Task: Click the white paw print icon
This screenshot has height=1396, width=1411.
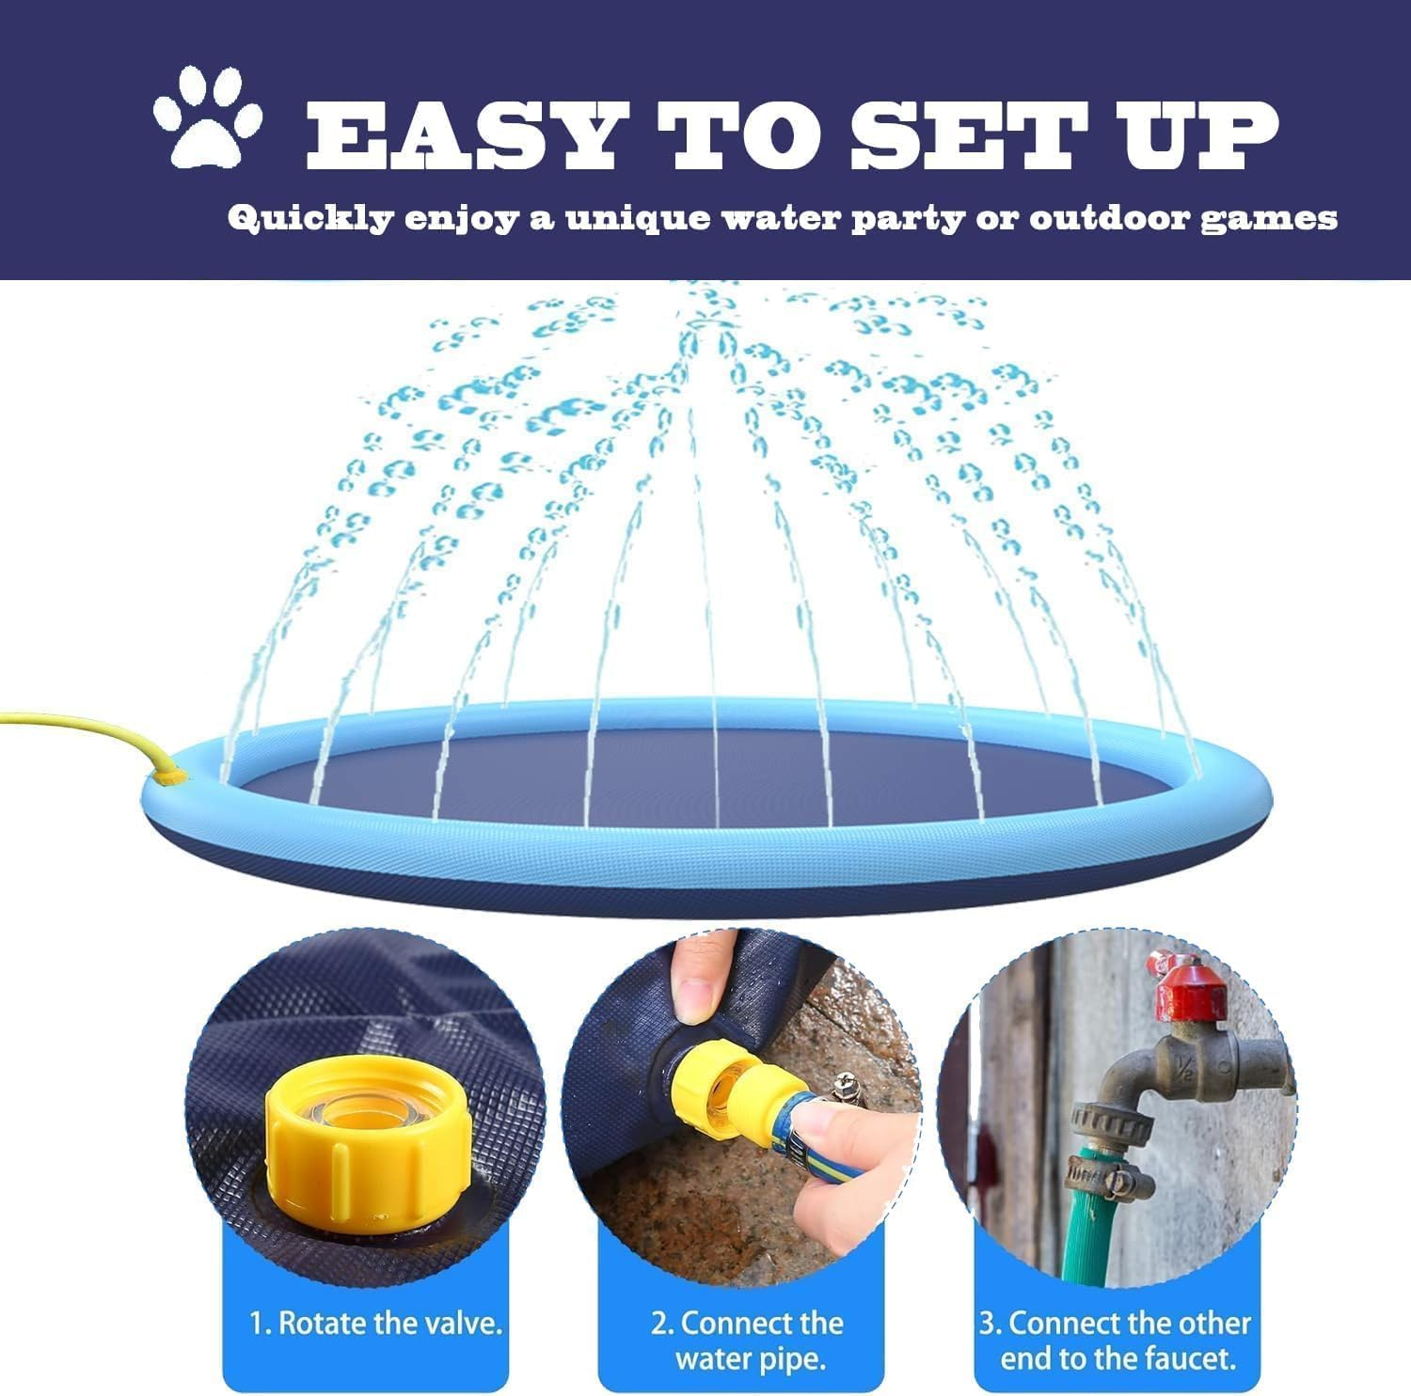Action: click(207, 115)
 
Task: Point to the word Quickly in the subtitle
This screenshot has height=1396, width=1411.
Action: click(310, 219)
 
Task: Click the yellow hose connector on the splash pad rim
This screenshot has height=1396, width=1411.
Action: click(170, 776)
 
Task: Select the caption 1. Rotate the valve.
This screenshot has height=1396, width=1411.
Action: click(376, 1324)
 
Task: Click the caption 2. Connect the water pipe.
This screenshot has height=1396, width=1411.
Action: click(748, 1341)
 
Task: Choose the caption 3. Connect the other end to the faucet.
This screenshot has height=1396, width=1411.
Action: click(1116, 1341)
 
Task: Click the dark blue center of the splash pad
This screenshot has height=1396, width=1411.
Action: click(715, 780)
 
